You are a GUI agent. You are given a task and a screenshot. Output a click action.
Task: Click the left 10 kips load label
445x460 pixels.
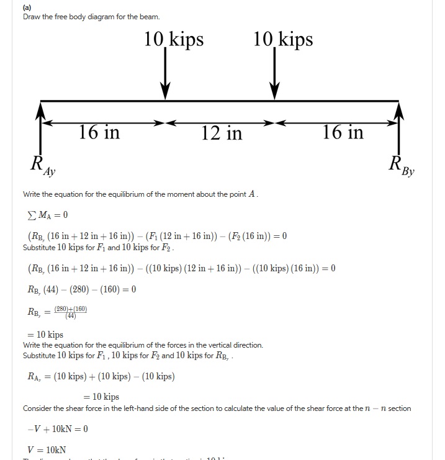pyautogui.click(x=174, y=40)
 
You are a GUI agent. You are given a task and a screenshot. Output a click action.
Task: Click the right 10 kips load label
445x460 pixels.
pyautogui.click(x=283, y=40)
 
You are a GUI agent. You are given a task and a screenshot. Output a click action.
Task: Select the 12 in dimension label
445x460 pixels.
pyautogui.click(x=222, y=133)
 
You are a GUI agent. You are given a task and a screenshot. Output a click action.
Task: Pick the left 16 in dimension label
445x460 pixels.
pyautogui.click(x=99, y=132)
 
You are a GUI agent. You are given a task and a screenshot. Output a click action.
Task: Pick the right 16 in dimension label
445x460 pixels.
pyautogui.click(x=343, y=132)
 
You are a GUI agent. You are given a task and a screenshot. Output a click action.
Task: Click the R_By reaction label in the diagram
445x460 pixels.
pyautogui.click(x=401, y=166)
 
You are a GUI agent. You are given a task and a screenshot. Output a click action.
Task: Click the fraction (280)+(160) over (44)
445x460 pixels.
pyautogui.click(x=70, y=312)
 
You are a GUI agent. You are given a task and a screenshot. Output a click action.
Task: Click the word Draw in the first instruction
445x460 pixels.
pyautogui.click(x=32, y=16)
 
